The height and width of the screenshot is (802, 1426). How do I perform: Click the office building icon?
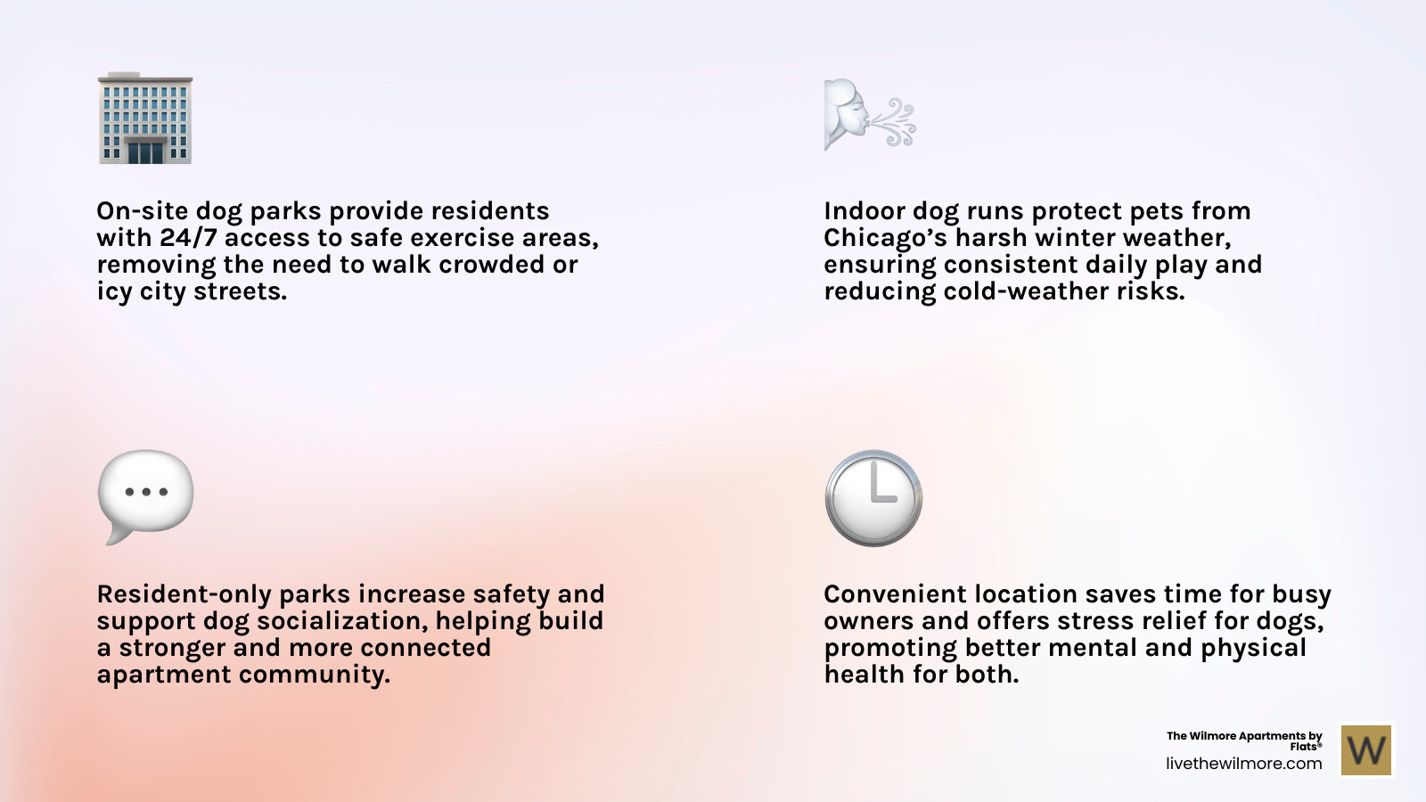[x=145, y=119]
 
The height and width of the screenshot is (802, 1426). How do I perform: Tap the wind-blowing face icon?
[x=869, y=115]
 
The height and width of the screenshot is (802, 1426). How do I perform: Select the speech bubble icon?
[x=145, y=495]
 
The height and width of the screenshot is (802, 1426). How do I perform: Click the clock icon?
[x=873, y=497]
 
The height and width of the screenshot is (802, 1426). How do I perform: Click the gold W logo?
[x=1366, y=749]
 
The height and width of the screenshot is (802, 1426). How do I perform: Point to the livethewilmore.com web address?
[x=1243, y=764]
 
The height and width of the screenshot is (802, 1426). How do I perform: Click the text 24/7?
[x=188, y=238]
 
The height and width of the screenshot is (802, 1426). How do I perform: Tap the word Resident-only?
[x=184, y=594]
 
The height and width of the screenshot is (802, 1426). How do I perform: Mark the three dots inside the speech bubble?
[x=146, y=492]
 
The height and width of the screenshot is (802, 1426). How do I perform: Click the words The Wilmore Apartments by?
[x=1244, y=736]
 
